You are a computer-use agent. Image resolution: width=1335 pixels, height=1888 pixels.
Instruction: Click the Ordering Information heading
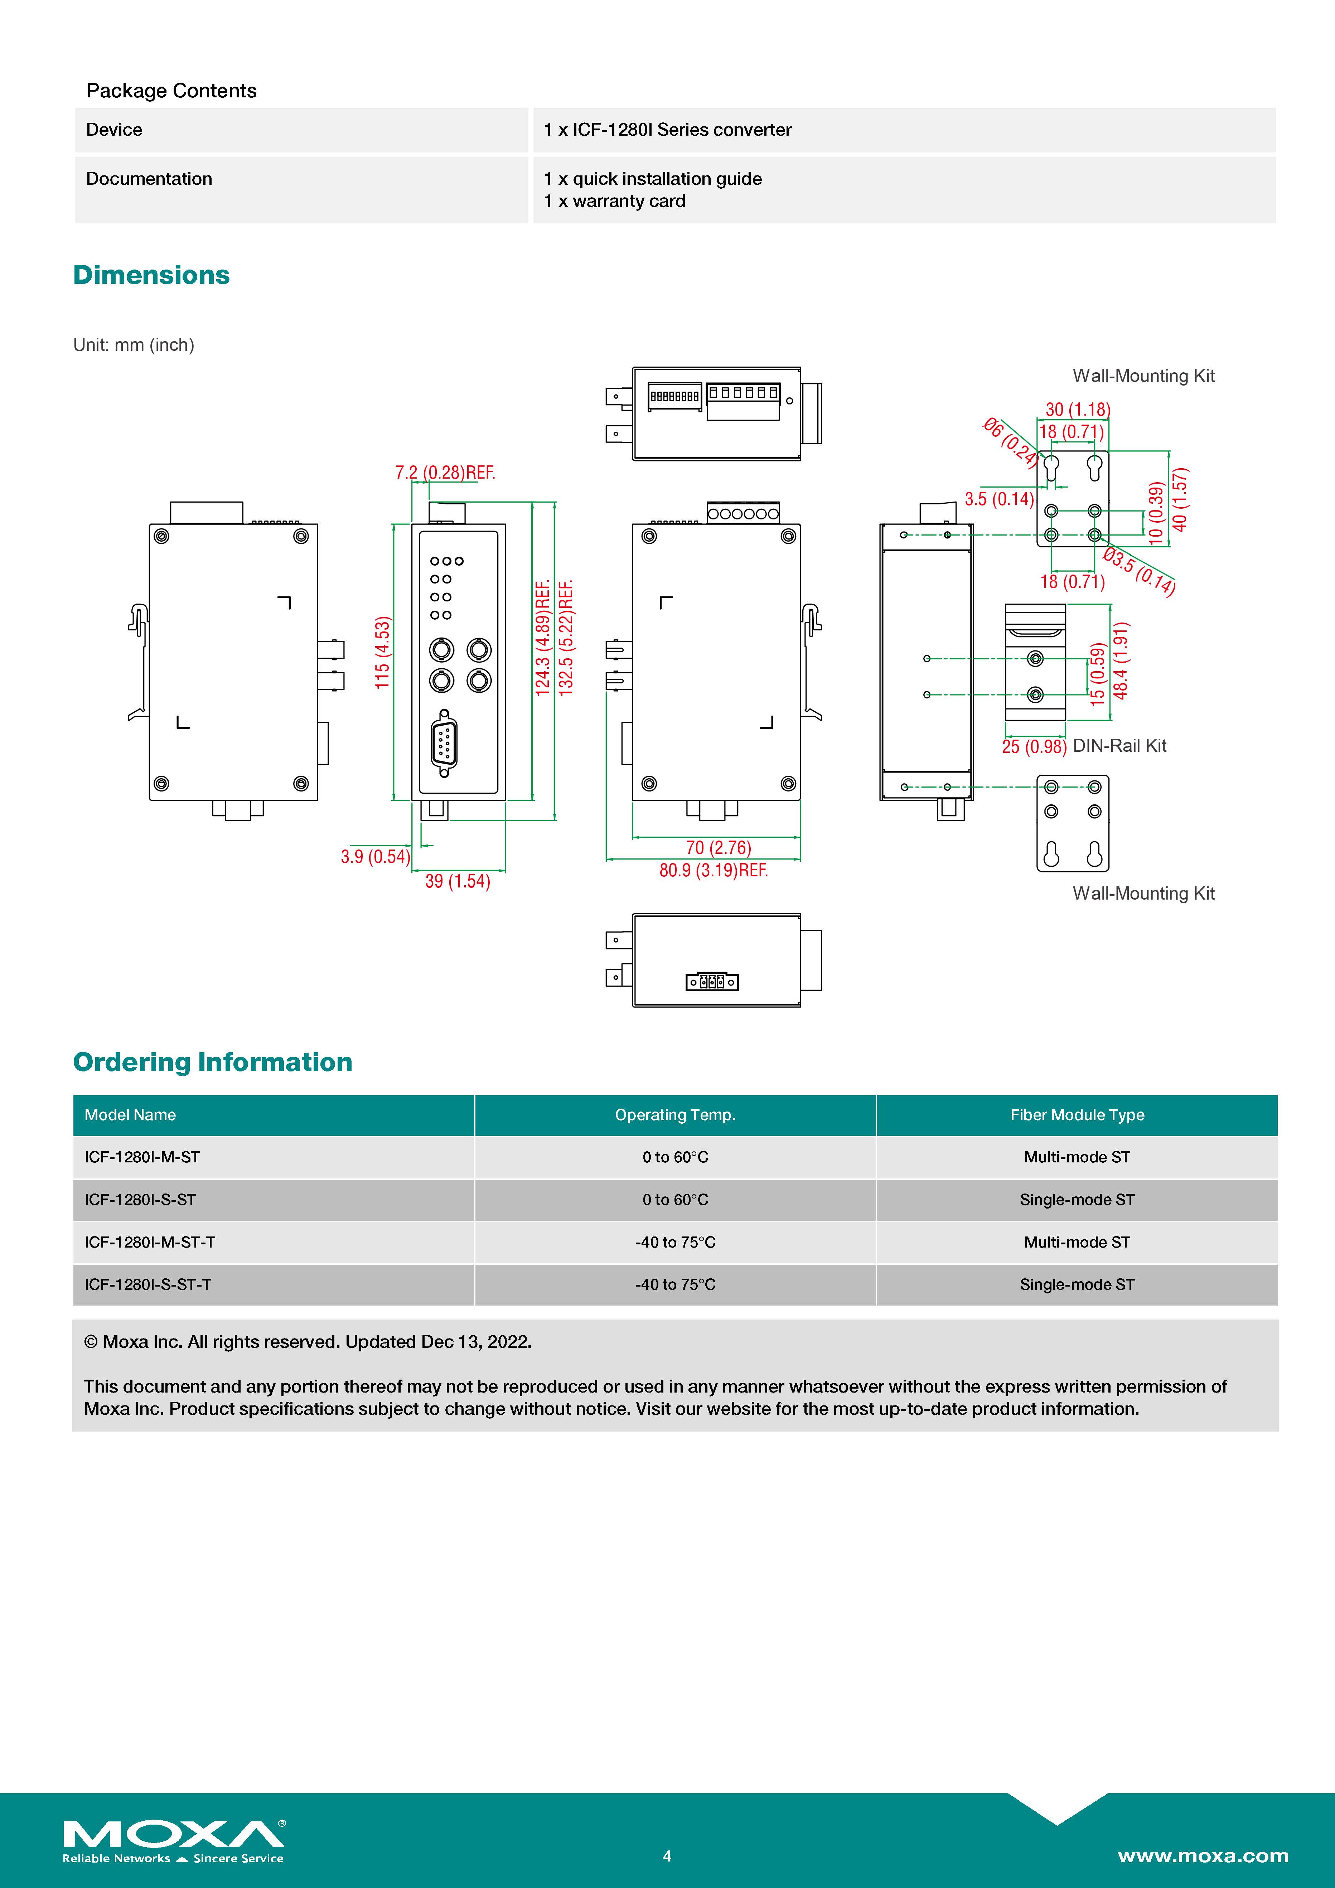[x=212, y=1062]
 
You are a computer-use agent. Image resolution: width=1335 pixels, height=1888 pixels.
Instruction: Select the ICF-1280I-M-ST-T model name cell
[x=150, y=1242]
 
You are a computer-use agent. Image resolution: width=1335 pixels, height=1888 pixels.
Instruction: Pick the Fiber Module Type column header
[x=1077, y=1115]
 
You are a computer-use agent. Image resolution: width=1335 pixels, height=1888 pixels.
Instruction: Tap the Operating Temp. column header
[x=674, y=1115]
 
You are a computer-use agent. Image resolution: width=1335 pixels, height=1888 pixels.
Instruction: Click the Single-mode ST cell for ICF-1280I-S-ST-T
[x=1077, y=1284]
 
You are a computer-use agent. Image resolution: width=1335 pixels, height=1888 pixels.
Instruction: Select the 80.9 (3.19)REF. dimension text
[x=713, y=870]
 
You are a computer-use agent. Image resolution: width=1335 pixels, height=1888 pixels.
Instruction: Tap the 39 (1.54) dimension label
[x=457, y=881]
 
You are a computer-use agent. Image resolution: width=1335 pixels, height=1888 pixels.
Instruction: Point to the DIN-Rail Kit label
[x=1119, y=746]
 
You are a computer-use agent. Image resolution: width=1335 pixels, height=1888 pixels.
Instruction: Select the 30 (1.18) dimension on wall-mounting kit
[x=1078, y=410]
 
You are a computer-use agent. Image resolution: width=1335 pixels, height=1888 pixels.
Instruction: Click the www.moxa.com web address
[x=1203, y=1856]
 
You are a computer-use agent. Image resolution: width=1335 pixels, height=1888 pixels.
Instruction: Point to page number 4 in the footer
[x=667, y=1856]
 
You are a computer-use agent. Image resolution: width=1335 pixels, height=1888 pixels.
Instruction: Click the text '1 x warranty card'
[x=614, y=202]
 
